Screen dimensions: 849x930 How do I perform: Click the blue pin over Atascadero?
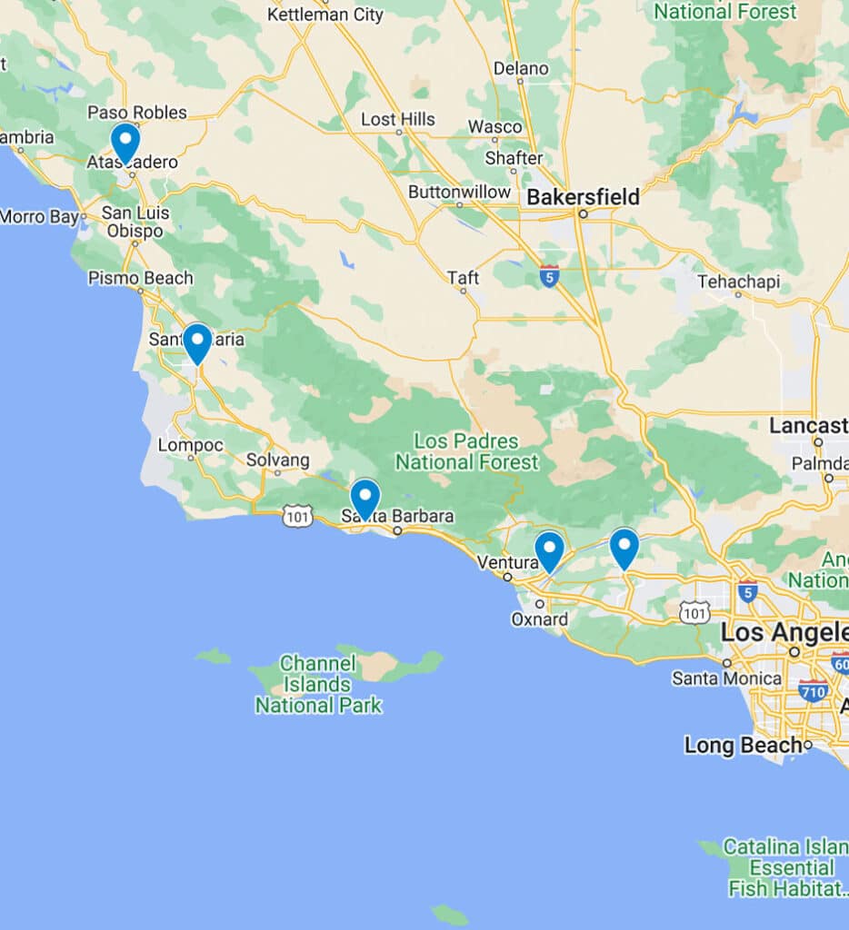(125, 141)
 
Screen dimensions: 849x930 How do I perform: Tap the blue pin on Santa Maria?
(197, 341)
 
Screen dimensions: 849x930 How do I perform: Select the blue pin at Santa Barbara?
(365, 497)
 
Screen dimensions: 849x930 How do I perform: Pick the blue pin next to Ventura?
(549, 549)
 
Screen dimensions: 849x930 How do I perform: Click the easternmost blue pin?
(624, 546)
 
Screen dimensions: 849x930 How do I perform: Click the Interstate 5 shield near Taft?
(548, 275)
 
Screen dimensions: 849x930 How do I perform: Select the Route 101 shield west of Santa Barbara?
(297, 517)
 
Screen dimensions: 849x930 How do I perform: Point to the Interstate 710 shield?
(813, 691)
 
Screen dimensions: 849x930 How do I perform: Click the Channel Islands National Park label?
(318, 684)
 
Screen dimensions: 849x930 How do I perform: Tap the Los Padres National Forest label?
(466, 451)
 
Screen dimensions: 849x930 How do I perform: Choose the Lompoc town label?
(190, 445)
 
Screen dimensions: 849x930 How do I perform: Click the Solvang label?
(277, 460)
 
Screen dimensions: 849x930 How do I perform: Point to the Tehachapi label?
(738, 282)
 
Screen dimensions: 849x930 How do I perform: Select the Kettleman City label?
(325, 14)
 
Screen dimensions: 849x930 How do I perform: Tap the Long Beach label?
(743, 746)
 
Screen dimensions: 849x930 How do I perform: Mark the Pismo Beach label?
(140, 278)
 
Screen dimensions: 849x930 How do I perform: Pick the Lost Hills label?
(397, 119)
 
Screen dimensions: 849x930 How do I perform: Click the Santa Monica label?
(726, 678)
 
